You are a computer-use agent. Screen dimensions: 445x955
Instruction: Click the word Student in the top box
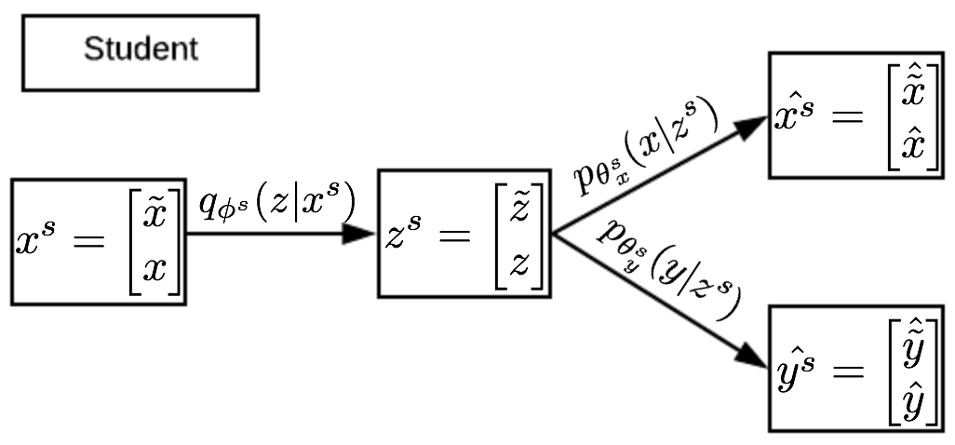coord(141,49)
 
